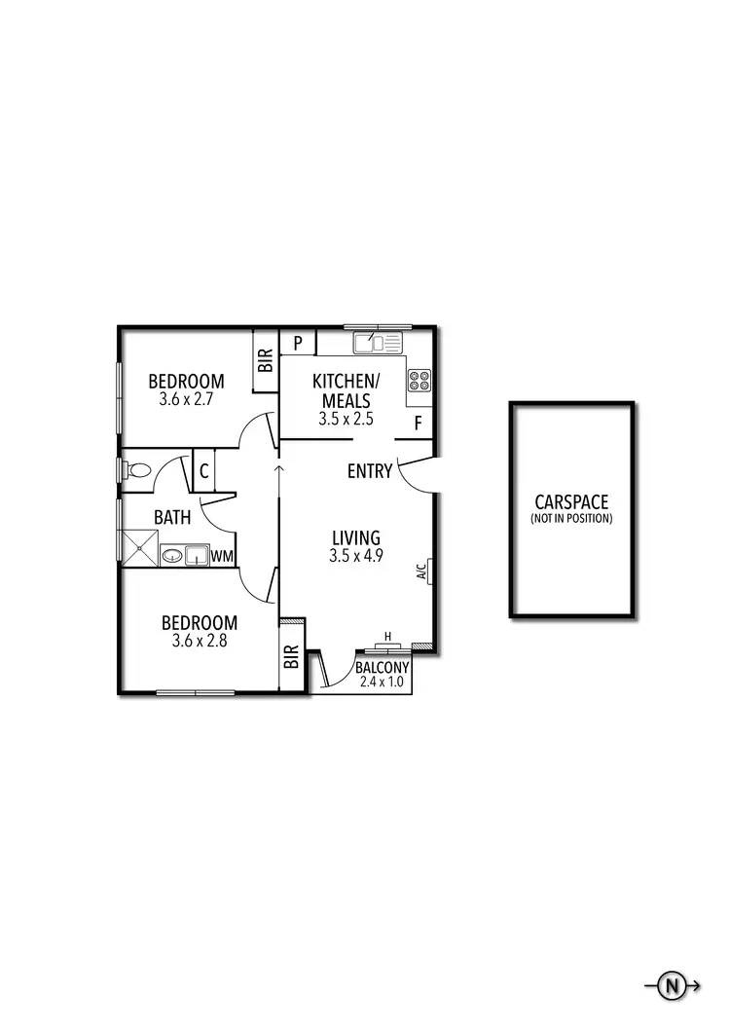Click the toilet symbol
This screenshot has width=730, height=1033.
pos(139,470)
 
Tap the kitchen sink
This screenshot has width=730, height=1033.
pos(378,342)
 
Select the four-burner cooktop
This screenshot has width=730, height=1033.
pos(420,380)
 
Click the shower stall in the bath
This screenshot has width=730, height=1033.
pos(138,547)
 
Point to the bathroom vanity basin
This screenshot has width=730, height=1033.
pos(173,556)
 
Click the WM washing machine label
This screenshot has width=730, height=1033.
pos(222,556)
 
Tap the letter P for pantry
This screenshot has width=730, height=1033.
pos(299,343)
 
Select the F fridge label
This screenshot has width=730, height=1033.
pos(418,424)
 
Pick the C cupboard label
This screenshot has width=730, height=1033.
pos(204,472)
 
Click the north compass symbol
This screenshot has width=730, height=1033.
pos(671,986)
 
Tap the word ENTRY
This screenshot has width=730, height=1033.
pos(370,472)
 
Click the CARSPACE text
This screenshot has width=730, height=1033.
pos(571,502)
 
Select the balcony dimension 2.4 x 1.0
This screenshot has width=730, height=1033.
pos(374,683)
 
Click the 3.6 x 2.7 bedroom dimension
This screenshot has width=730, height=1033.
pos(186,399)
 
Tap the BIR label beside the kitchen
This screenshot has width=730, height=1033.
pos(266,360)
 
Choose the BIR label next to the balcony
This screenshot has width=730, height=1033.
pos(291,658)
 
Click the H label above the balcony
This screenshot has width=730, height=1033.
pos(387,637)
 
